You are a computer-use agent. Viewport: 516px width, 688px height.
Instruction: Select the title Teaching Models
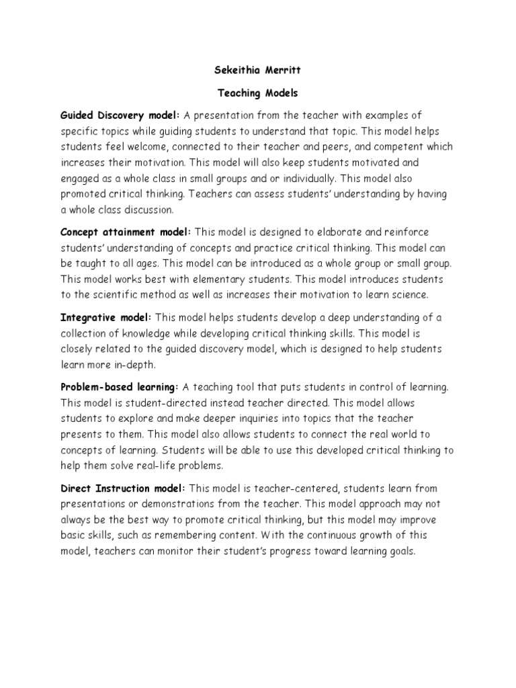[x=258, y=93]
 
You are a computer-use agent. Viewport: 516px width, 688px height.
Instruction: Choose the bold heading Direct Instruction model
[x=124, y=488]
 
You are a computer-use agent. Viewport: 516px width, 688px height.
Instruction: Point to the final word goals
[x=402, y=551]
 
